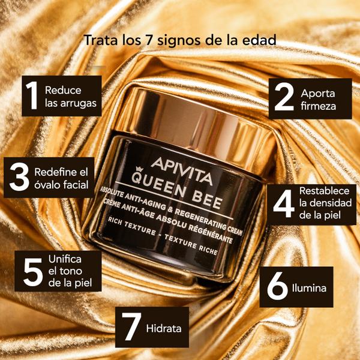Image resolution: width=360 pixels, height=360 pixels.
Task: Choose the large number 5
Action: pos(32,272)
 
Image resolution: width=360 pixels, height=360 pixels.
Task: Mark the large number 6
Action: pos(278,288)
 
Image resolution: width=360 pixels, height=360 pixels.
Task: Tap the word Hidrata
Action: pos(163,329)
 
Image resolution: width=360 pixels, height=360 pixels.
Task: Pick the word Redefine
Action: pos(54,171)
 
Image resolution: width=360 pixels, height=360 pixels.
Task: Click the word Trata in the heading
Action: pos(97,40)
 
